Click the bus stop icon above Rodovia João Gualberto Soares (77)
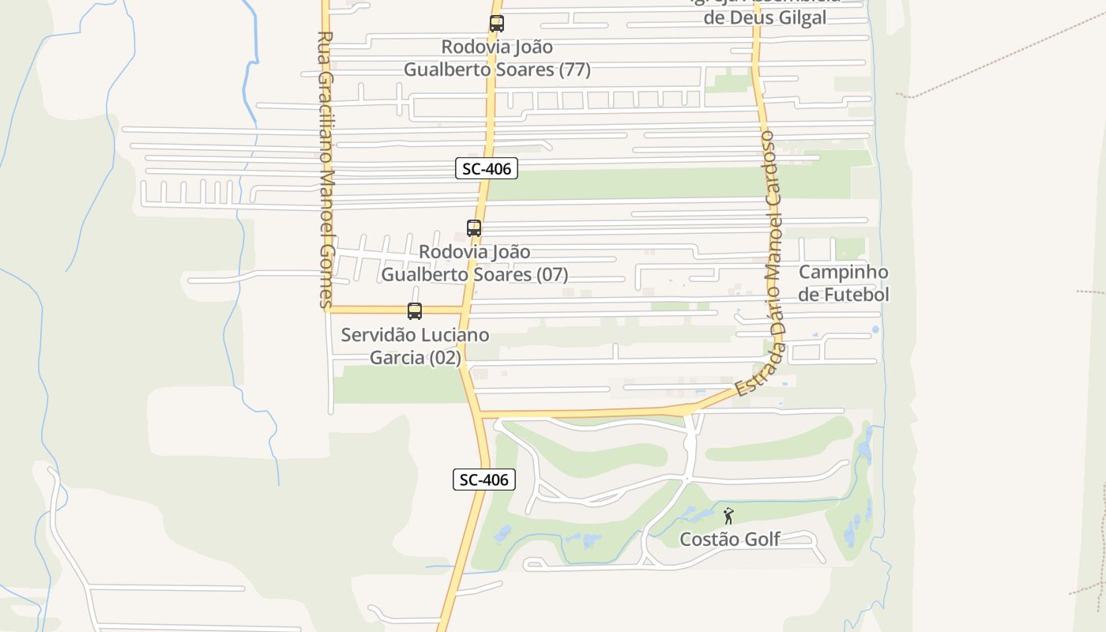pos(496,24)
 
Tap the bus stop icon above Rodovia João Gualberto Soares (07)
pos(474,228)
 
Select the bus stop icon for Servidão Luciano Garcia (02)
pos(415,311)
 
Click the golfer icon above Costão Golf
pos(728,516)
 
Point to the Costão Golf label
pos(730,539)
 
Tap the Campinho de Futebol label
pos(844,283)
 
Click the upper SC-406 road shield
pos(487,168)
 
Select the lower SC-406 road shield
pos(484,480)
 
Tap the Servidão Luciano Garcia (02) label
pos(415,346)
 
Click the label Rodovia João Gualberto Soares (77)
pos(497,58)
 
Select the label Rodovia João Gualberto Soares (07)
pos(475,263)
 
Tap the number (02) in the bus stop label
pos(445,358)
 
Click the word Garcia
pos(397,358)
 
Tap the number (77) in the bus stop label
pos(574,70)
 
